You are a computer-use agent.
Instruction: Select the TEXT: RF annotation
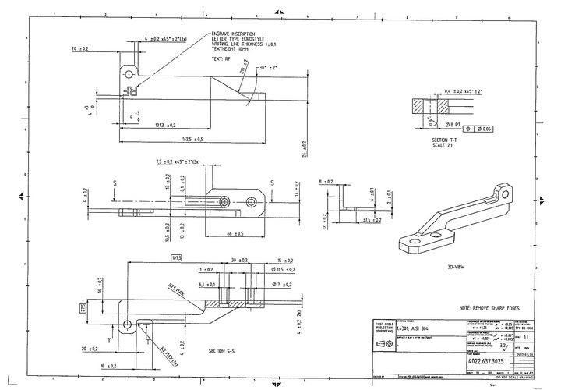coord(221,58)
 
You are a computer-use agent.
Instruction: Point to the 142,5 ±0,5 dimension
coord(188,139)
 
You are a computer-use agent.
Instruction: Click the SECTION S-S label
coord(224,352)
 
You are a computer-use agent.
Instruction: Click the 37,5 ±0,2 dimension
coord(357,221)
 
